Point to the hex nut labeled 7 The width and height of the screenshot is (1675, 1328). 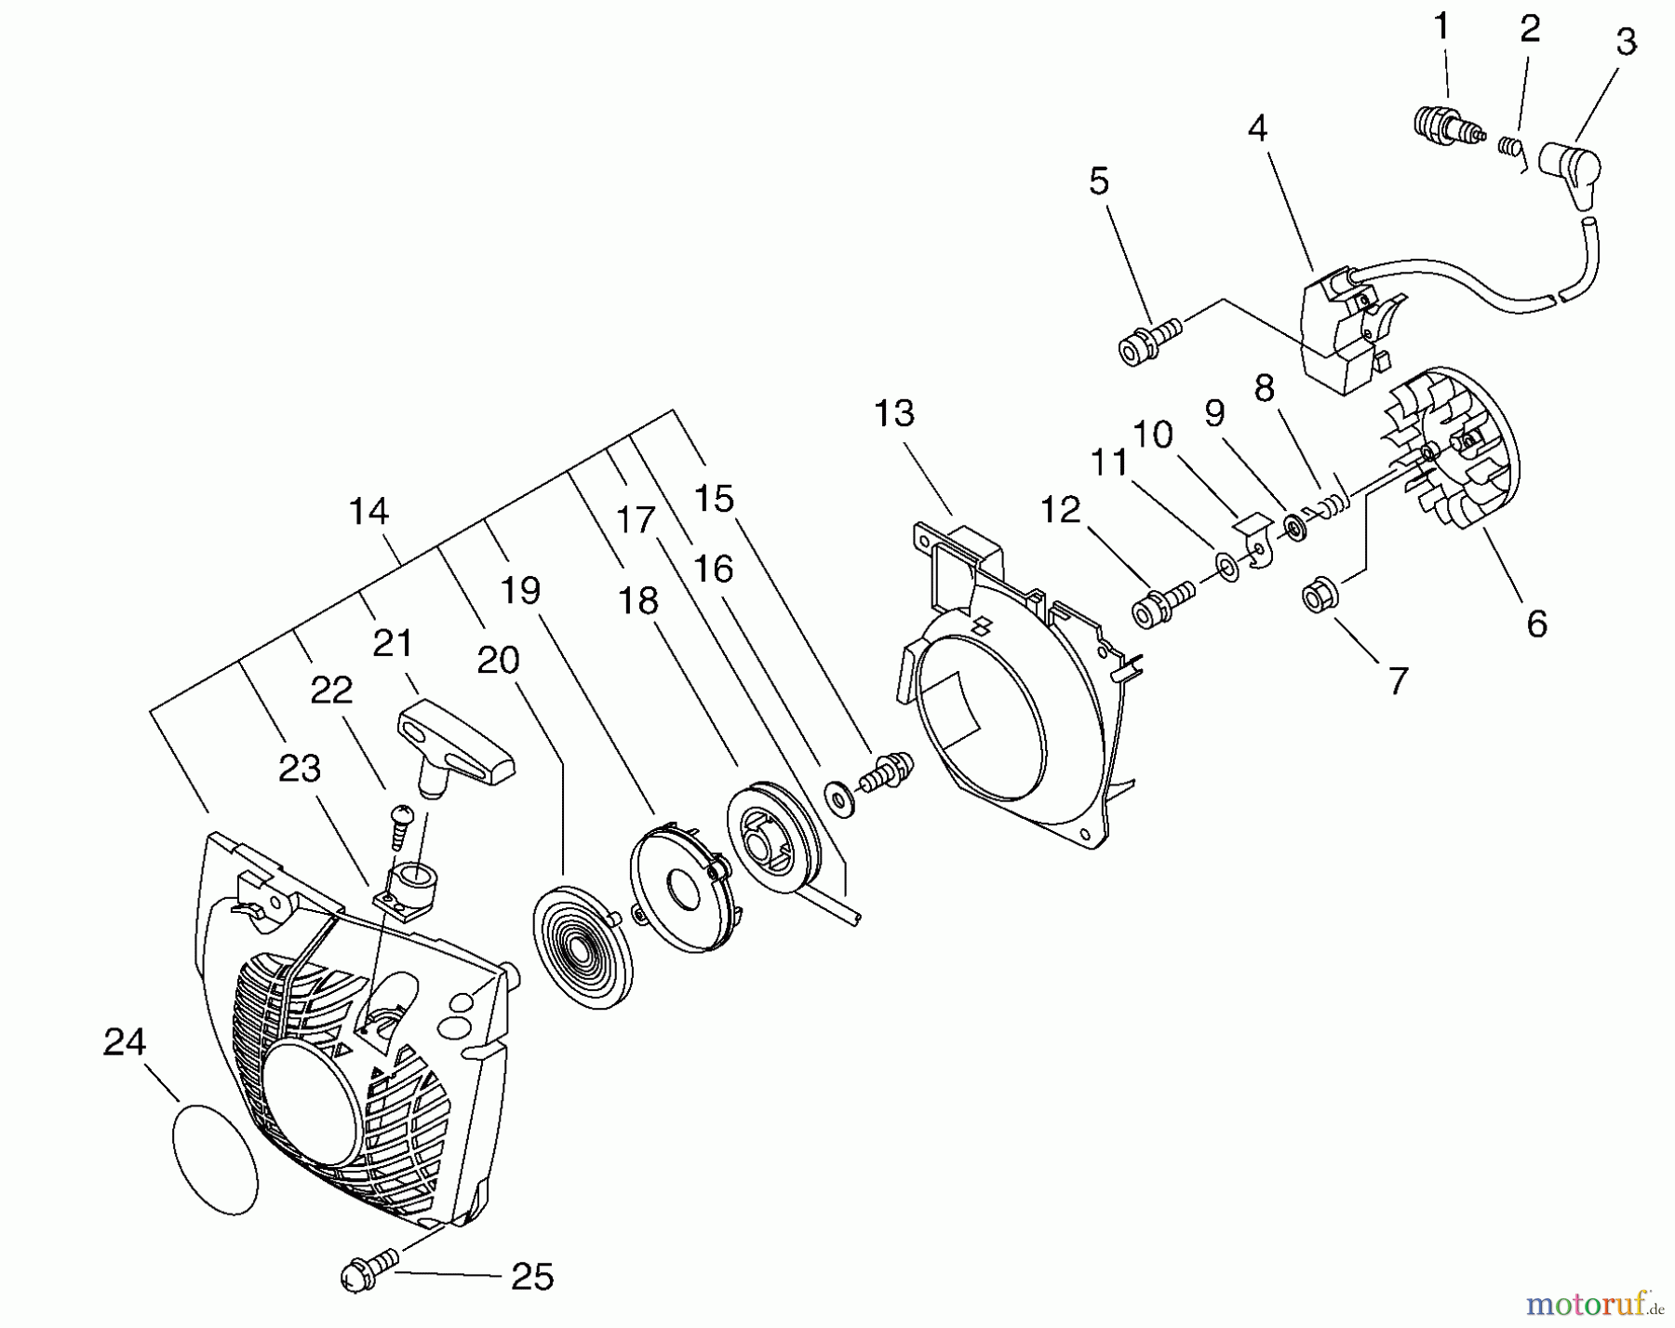pyautogui.click(x=1315, y=596)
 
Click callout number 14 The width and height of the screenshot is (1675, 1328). pyautogui.click(x=368, y=511)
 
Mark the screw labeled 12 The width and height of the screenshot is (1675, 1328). pyautogui.click(x=1159, y=605)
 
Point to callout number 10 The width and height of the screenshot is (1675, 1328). pyautogui.click(x=1152, y=435)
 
